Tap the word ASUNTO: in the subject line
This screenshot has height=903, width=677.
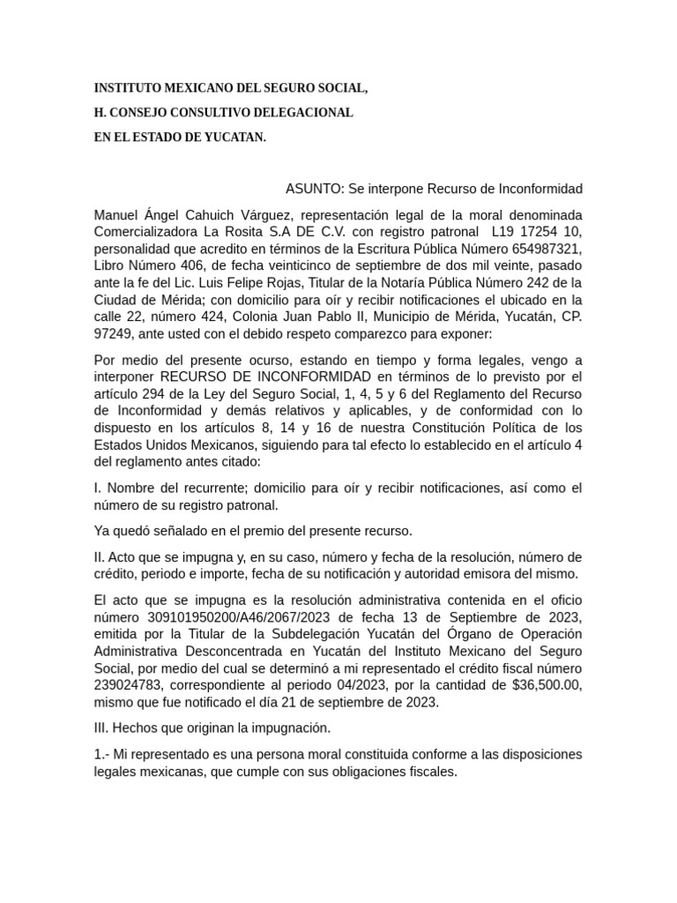click(x=314, y=189)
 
